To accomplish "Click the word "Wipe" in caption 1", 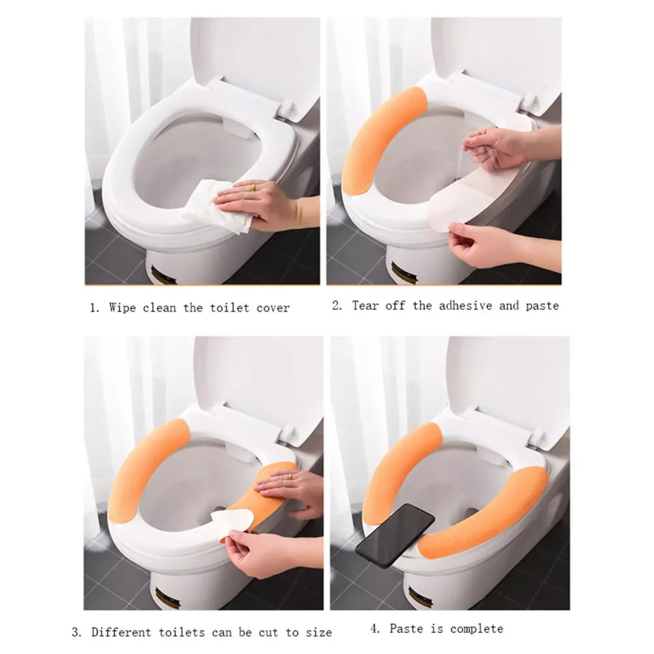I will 123,307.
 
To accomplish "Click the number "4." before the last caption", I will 375,628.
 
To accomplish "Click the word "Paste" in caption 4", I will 405,628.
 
